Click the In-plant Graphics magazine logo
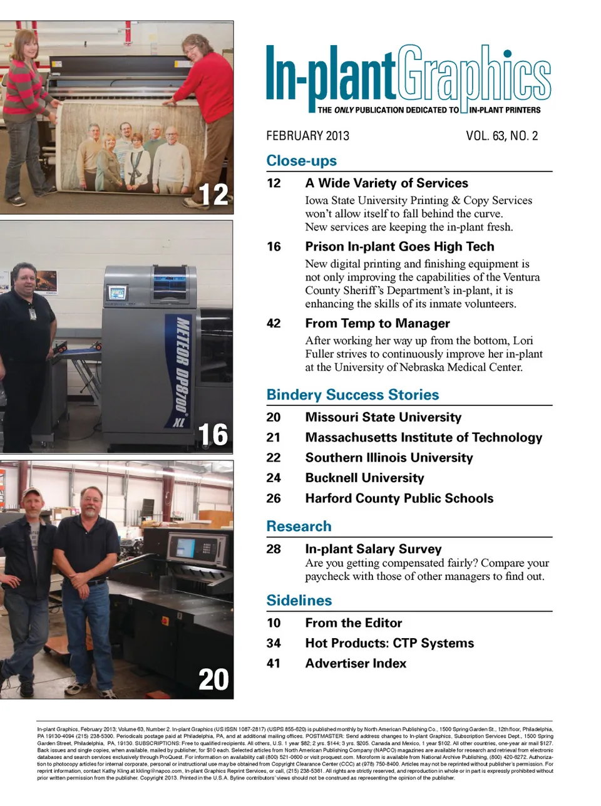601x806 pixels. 408,78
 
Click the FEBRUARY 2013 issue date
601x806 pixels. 307,136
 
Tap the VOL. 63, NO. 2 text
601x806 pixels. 501,136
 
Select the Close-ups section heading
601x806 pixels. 301,160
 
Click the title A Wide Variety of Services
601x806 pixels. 386,183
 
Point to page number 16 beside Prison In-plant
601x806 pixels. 274,246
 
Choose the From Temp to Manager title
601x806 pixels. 377,323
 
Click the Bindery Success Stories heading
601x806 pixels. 352,395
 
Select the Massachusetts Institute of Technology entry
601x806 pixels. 423,437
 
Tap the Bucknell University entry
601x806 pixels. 364,478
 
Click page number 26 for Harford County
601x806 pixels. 274,499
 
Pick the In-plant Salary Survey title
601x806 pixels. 373,549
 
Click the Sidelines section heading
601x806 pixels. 299,601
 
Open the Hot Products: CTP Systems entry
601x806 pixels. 389,643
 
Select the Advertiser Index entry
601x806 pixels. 356,663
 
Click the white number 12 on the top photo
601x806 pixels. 213,194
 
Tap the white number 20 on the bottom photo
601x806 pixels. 213,679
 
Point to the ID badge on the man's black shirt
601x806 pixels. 33,314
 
